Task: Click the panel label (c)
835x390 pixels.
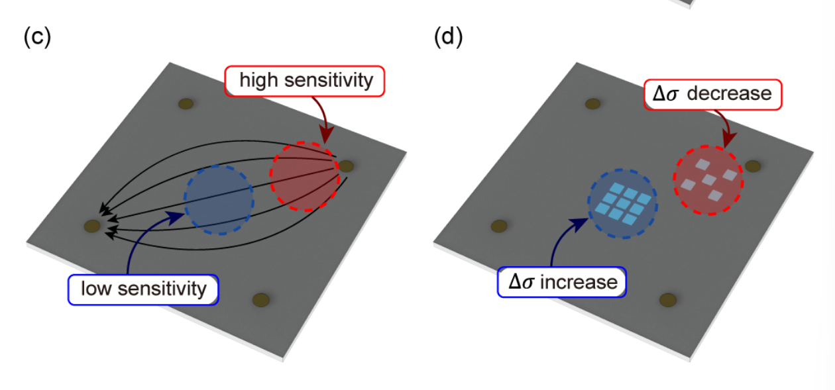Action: click(36, 37)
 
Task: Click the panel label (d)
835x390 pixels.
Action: click(448, 37)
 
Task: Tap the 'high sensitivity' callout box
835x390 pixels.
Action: click(306, 81)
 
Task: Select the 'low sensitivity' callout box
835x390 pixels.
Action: click(143, 289)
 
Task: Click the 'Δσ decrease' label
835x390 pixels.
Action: click(712, 94)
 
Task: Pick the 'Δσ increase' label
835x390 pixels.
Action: click(562, 283)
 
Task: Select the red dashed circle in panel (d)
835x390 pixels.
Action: click(708, 180)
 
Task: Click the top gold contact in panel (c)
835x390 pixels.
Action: click(186, 103)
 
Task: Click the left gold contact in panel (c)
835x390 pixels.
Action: click(91, 226)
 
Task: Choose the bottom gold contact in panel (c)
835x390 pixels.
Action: click(262, 299)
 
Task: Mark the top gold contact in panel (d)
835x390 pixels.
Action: click(593, 103)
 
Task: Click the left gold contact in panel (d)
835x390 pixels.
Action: click(499, 226)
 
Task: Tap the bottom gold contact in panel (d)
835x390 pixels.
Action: click(669, 299)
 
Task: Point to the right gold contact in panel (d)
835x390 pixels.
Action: click(753, 166)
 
